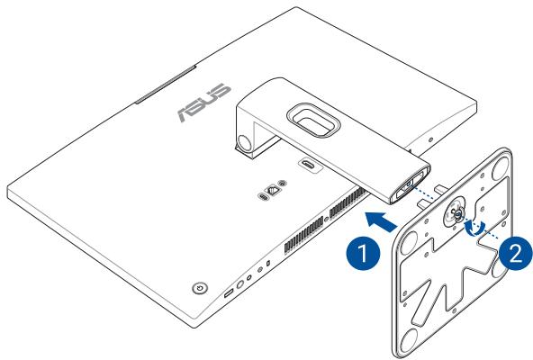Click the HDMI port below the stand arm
(x=310, y=166)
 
